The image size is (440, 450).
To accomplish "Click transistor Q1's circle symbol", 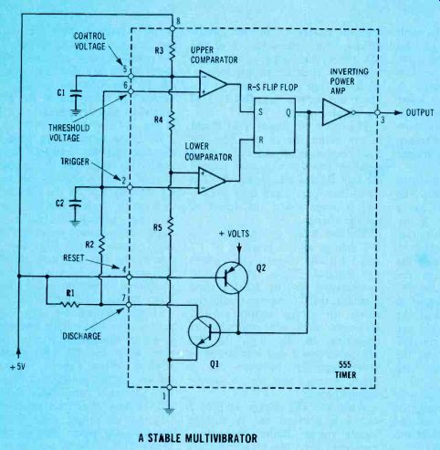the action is point(204,332).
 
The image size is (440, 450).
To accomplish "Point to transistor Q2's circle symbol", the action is point(232,277).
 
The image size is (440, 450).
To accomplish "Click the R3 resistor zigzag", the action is point(172,50).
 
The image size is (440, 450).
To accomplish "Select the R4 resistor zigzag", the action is point(171,120).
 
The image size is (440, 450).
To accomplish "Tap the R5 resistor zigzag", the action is point(170,226).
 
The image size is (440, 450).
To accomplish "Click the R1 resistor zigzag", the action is point(69,304).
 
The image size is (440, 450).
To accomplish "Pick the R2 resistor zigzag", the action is point(101,245).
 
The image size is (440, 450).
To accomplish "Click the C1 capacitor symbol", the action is point(76,93).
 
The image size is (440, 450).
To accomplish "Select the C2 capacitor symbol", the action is point(76,203).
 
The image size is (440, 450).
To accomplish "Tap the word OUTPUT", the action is point(420,112).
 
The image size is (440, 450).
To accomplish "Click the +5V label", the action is point(17,367).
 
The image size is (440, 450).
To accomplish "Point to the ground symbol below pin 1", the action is point(169,411).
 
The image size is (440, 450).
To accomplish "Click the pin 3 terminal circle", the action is point(377,112).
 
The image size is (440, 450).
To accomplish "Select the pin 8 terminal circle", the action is point(173,28).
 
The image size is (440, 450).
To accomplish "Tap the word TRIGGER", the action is point(75,162).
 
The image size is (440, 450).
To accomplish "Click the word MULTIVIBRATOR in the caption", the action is point(221,438).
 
